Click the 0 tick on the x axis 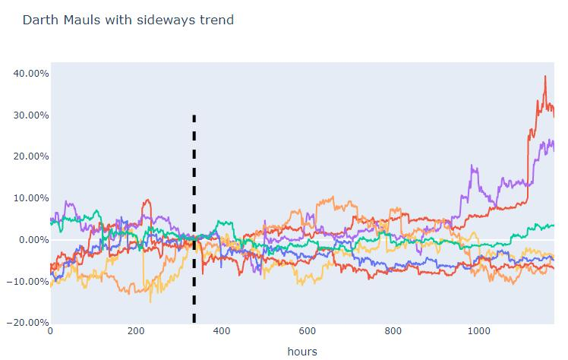pos(51,331)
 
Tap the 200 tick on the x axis pos(136,331)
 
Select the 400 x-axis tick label pos(222,331)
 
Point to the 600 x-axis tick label pos(308,331)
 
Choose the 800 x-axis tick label pos(393,331)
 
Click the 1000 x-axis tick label pos(478,331)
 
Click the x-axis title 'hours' pos(302,351)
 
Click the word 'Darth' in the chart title pos(38,20)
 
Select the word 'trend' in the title pos(215,20)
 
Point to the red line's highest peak pos(545,76)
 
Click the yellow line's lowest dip pos(150,302)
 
